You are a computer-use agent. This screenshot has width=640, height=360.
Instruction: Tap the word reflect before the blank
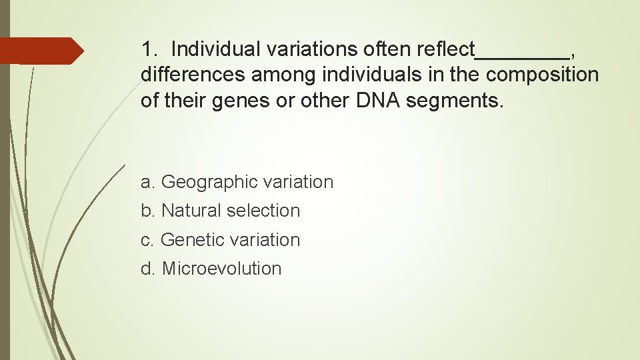click(x=445, y=49)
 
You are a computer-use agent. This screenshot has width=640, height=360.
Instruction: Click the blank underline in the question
click(x=522, y=56)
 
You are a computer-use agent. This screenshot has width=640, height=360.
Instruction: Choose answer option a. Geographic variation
click(x=237, y=182)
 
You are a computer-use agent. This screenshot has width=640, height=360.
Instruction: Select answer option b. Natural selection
click(x=220, y=211)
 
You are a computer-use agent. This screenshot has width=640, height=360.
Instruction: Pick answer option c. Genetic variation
click(x=220, y=240)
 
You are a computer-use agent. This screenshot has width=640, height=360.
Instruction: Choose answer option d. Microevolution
click(x=211, y=269)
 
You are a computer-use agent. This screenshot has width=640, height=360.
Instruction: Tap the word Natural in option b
click(x=191, y=211)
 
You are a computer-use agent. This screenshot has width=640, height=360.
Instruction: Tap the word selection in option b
click(x=263, y=211)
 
